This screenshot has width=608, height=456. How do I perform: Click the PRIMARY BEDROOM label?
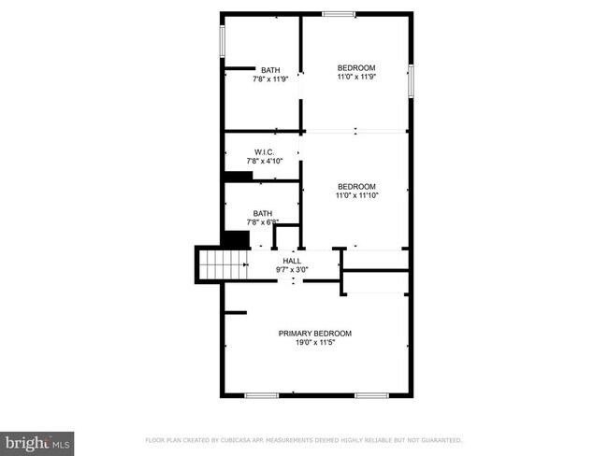coord(314,334)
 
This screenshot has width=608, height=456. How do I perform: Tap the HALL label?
coord(292,261)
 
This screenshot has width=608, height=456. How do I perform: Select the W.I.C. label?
coord(264,152)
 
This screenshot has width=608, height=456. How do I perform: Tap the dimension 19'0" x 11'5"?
coord(314,343)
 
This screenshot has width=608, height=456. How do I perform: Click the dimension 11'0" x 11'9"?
coord(355,78)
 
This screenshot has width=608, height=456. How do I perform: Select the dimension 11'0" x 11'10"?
coord(356,194)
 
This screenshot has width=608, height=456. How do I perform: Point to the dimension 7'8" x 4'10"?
coord(264,162)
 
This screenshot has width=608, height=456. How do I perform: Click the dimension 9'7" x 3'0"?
coord(292,270)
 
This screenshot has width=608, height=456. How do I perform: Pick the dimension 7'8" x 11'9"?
coord(270,79)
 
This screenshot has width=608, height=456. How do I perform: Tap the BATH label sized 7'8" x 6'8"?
coord(263,214)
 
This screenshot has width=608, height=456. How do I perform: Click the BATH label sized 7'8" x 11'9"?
coord(270,70)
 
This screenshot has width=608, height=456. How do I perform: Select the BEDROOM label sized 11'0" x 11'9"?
coord(355,68)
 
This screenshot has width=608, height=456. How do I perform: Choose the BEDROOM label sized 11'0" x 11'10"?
coord(356,185)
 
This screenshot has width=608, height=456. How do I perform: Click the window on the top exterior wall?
coord(339,13)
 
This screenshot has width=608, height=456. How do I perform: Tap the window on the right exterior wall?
coord(410,80)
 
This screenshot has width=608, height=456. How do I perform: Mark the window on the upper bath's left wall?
coord(223,41)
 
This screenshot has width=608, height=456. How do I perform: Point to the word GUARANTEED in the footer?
coord(437,439)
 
